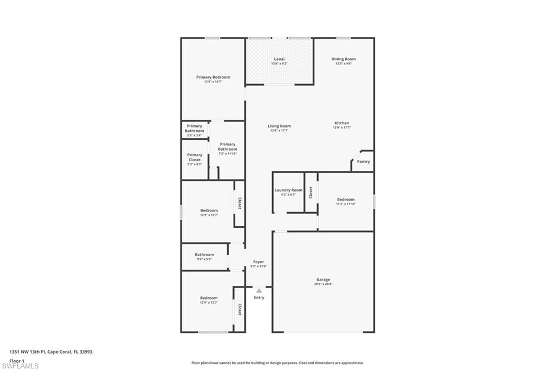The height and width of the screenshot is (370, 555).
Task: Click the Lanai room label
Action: (279, 59)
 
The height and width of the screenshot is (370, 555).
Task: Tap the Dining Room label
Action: (344, 59)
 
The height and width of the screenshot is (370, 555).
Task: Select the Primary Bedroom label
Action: (213, 78)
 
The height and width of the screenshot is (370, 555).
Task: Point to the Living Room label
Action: (279, 126)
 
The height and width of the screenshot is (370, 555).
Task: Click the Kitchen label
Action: (341, 123)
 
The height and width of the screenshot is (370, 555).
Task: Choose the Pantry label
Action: (363, 161)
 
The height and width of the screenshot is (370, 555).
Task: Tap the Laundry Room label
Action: (288, 190)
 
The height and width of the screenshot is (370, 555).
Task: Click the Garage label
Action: (323, 280)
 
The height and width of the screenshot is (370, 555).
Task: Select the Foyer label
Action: (259, 262)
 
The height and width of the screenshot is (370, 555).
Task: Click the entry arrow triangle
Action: (259, 291)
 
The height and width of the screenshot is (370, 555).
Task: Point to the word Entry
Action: (259, 297)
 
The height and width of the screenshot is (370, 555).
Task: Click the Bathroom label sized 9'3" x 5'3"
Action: (204, 255)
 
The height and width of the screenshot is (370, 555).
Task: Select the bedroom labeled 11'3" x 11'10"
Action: (346, 200)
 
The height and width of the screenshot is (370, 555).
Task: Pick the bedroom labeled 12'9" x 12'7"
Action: (209, 210)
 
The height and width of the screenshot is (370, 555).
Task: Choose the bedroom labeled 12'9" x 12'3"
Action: (209, 298)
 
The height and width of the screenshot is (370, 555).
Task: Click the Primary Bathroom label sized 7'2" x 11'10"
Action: (228, 147)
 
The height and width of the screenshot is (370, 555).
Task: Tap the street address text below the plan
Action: (51, 352)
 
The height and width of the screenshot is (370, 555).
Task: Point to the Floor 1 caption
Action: (17, 360)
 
